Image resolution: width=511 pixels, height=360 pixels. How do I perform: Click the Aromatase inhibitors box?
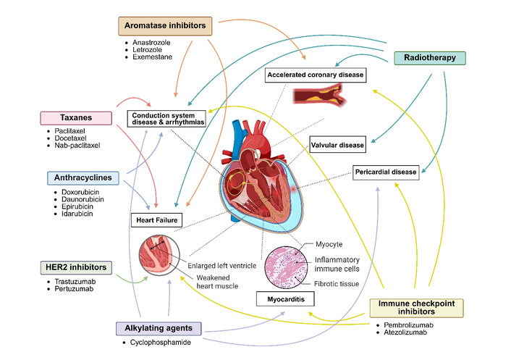point(165,26)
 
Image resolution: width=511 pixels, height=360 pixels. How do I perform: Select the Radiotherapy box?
point(430,58)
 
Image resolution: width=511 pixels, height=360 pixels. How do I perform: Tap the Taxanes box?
point(76,118)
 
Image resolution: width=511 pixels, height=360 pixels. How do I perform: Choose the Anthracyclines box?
point(83,178)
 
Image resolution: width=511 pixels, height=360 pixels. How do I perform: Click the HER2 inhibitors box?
point(76,268)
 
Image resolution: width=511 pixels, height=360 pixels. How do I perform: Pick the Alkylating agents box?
point(159,328)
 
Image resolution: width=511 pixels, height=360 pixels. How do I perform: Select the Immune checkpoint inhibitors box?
point(416,308)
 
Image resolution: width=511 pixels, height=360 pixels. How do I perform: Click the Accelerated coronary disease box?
point(315,75)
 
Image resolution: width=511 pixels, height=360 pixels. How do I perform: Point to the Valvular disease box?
point(337,144)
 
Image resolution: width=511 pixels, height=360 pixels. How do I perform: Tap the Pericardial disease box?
point(386,172)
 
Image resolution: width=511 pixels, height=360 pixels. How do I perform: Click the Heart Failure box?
point(157,220)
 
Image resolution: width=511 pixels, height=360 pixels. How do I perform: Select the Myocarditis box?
point(285,299)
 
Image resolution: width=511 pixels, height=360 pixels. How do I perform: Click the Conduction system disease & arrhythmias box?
point(166,119)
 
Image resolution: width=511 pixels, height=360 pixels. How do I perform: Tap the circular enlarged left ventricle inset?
point(159,255)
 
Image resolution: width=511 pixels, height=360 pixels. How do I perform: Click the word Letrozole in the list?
point(147,50)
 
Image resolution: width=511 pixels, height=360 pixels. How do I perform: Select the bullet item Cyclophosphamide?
point(157,343)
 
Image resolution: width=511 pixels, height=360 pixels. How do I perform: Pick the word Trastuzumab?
point(75,282)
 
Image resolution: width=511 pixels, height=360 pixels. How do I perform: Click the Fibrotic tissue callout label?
point(337,284)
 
